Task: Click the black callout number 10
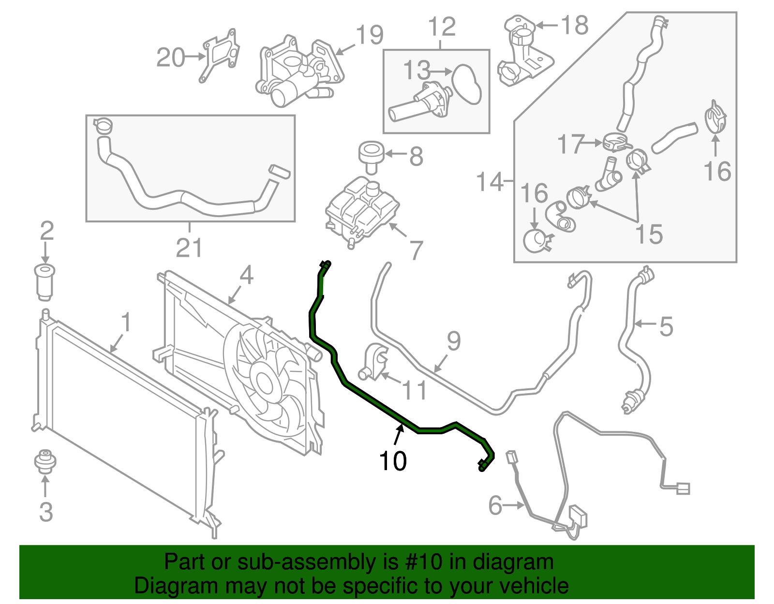point(393,461)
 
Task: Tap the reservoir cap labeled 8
point(371,156)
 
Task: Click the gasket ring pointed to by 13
point(467,84)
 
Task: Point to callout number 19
point(370,35)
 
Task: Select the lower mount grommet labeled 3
point(45,461)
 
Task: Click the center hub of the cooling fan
point(264,383)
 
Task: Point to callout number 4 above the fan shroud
point(246,275)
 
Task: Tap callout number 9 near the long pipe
point(453,341)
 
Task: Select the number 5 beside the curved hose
point(666,327)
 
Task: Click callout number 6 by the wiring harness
point(495,505)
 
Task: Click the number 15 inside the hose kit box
point(649,235)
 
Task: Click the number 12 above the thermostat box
point(442,27)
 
